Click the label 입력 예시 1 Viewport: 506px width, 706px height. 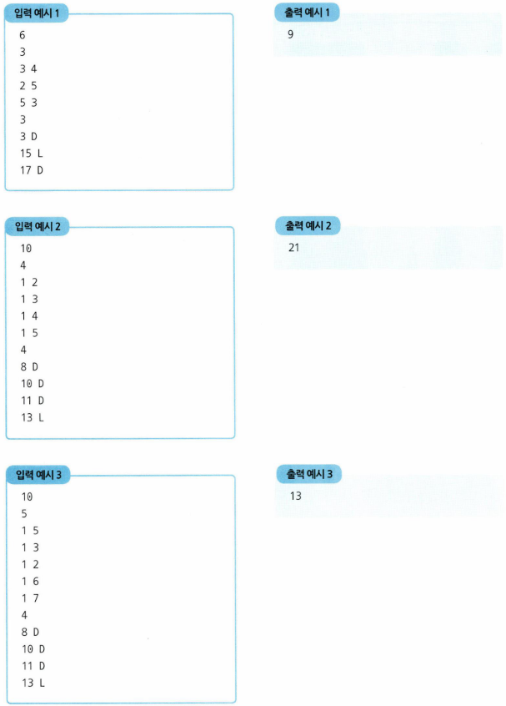[38, 13]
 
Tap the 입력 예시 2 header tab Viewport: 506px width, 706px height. [38, 227]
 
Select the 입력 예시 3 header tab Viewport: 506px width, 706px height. [39, 475]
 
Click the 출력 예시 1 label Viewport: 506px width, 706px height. [307, 13]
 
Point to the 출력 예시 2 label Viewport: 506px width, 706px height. [308, 226]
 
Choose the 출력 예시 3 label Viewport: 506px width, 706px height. [308, 475]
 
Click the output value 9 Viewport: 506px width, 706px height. [290, 35]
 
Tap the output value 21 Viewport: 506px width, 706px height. [293, 248]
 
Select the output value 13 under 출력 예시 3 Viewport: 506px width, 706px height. [295, 496]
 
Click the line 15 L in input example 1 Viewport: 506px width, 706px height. [31, 153]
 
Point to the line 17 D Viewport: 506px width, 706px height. [31, 170]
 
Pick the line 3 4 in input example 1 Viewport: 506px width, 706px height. [28, 68]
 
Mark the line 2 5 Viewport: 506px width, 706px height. [28, 85]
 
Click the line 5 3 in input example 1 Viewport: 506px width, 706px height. [28, 103]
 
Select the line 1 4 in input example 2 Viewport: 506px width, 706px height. [29, 315]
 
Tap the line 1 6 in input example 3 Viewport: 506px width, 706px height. [29, 581]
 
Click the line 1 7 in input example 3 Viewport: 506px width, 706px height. [29, 598]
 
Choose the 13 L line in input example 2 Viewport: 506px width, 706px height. [33, 417]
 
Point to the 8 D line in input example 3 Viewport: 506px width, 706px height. [30, 632]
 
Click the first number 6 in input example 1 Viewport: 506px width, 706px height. [23, 35]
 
